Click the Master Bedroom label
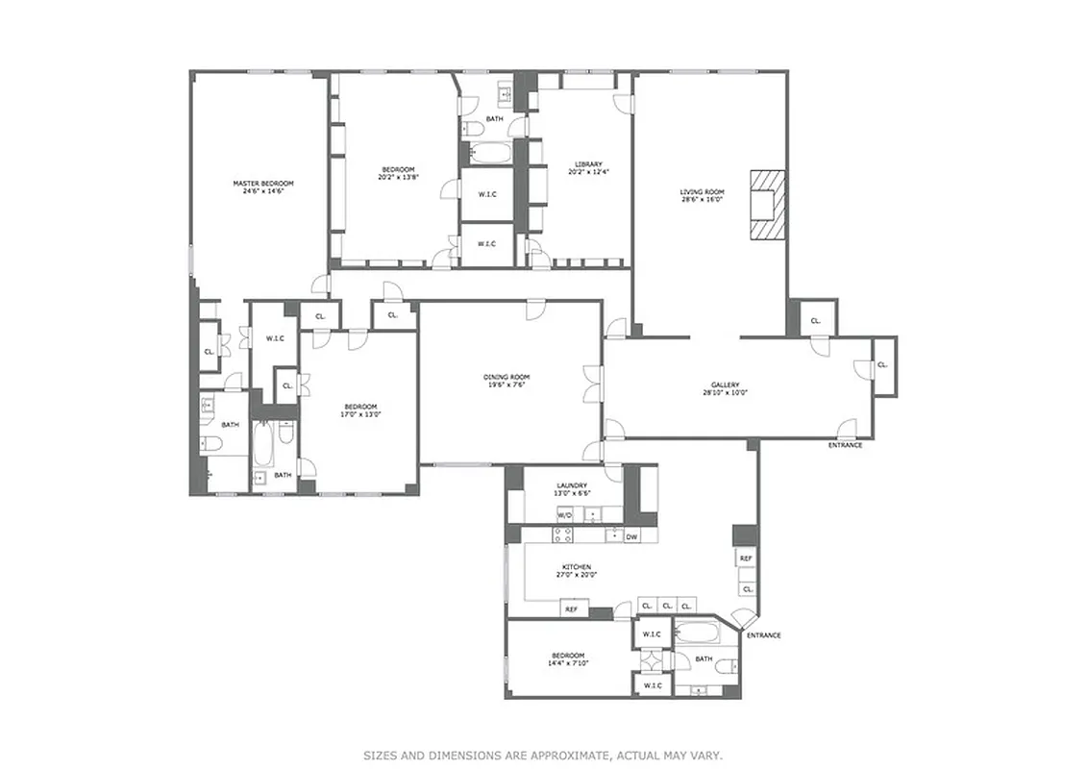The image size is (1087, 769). pyautogui.click(x=262, y=183)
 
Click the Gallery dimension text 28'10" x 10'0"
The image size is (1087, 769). pyautogui.click(x=725, y=392)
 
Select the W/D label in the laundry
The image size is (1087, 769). pyautogui.click(x=565, y=515)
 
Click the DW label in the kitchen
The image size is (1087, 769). pyautogui.click(x=631, y=536)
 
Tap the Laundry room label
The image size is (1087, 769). pyautogui.click(x=572, y=484)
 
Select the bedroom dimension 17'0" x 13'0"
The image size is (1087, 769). pyautogui.click(x=361, y=414)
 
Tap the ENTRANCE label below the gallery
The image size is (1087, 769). pyautogui.click(x=845, y=445)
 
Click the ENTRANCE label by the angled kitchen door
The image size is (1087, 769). pyautogui.click(x=763, y=635)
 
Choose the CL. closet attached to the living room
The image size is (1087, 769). pyautogui.click(x=815, y=320)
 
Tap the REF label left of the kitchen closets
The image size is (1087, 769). pyautogui.click(x=571, y=609)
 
